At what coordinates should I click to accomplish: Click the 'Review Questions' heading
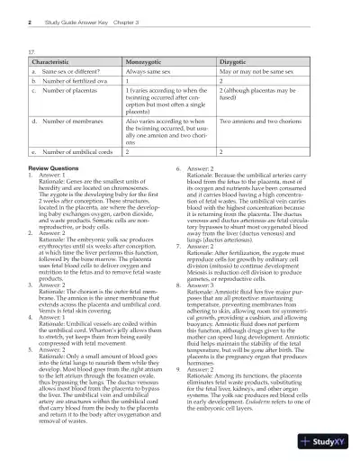tap(57, 168)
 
